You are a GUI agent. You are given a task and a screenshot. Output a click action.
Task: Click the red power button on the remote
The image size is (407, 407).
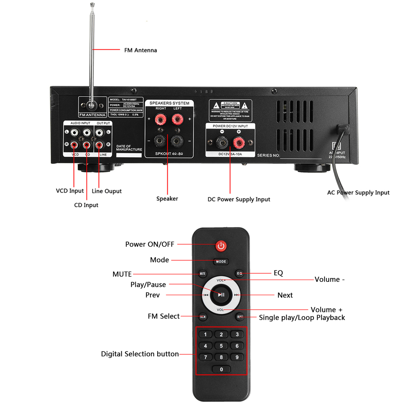pyautogui.click(x=221, y=246)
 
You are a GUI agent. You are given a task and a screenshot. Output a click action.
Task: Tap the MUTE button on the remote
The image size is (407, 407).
pyautogui.click(x=202, y=273)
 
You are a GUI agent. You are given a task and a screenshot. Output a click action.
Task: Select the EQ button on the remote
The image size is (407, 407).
pyautogui.click(x=239, y=273)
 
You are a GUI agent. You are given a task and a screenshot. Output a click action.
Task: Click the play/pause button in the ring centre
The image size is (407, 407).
pyautogui.click(x=221, y=295)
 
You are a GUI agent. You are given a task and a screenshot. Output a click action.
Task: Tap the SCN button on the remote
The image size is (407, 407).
pyautogui.click(x=203, y=317)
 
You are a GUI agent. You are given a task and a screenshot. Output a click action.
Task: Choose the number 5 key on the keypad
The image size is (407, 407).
pyautogui.click(x=221, y=346)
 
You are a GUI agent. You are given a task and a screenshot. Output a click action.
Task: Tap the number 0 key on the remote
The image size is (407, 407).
pyautogui.click(x=221, y=369)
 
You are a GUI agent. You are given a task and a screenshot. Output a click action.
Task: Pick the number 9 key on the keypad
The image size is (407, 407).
pyautogui.click(x=237, y=357)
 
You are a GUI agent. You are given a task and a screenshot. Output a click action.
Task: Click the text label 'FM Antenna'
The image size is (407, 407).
pyautogui.click(x=140, y=50)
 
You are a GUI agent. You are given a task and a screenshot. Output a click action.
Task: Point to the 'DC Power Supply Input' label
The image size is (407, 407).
pyautogui.click(x=239, y=199)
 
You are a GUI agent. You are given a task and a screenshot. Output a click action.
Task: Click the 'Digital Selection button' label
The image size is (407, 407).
pyautogui.click(x=140, y=354)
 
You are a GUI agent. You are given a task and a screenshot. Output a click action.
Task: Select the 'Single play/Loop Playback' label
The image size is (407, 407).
pyautogui.click(x=302, y=318)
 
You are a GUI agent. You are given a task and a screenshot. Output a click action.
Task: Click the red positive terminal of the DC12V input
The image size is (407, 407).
pyautogui.click(x=238, y=142)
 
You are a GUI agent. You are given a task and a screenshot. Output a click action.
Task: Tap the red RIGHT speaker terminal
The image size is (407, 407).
pyautogui.click(x=160, y=119)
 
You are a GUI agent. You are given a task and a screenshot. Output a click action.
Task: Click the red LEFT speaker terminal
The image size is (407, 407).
pyautogui.click(x=177, y=119)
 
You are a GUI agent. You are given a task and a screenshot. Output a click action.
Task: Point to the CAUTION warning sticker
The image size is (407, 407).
pyautogui.click(x=230, y=110)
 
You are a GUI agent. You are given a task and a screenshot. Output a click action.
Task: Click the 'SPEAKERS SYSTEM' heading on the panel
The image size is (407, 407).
pyautogui.click(x=169, y=103)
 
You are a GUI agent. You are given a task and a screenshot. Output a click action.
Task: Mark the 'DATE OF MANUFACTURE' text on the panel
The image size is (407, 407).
pyautogui.click(x=129, y=148)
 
